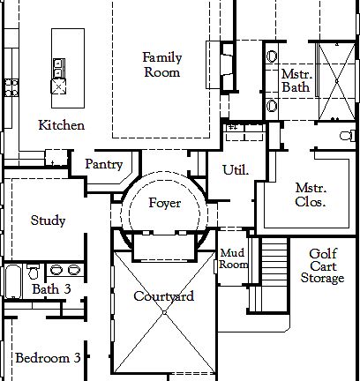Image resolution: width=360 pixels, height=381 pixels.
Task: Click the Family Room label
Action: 162,64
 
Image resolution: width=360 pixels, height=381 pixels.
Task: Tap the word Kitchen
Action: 62,125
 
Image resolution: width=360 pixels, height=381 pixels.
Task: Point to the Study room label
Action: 48,220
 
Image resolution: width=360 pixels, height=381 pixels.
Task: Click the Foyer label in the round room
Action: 165,203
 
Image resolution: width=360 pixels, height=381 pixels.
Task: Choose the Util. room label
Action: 235,169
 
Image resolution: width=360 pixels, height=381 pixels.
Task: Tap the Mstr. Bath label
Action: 295,82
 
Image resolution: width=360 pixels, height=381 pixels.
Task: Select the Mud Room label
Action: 233,258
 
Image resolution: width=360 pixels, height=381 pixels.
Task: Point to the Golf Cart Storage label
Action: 321,265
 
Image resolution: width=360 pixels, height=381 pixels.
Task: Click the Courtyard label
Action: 163,296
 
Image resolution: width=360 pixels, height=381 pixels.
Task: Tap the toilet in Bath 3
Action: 34,271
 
